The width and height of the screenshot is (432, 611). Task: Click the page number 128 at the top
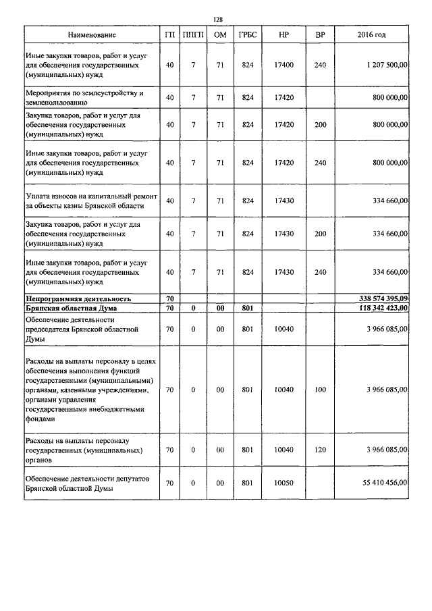coord(217,20)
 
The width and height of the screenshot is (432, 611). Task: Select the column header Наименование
coord(92,34)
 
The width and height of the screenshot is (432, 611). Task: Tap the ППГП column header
coord(194,34)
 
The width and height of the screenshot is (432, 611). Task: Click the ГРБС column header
coord(248,34)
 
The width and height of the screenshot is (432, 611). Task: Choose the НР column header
coord(284,34)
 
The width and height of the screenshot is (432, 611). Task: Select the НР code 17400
coord(284,65)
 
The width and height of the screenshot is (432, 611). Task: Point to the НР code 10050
coord(284,483)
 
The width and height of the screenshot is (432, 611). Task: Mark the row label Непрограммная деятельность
coord(78,298)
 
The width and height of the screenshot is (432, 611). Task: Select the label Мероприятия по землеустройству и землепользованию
coord(85,97)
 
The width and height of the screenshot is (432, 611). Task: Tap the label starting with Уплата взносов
coord(91,201)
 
